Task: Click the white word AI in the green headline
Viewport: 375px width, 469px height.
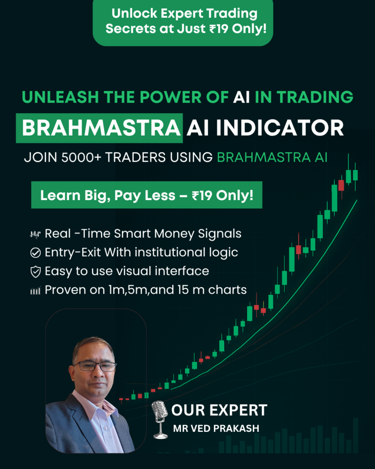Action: coord(241,97)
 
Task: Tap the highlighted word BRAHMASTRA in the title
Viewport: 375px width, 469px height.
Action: coord(101,128)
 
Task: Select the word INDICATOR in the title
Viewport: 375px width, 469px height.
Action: coord(280,128)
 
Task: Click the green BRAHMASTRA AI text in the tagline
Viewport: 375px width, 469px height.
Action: coord(272,158)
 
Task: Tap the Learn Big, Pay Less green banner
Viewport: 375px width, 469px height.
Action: coord(147,195)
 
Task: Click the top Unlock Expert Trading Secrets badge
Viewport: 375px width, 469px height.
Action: coord(183,22)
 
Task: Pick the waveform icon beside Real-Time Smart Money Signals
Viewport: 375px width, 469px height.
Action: coord(35,234)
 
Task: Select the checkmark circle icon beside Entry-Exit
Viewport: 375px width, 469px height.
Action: coord(35,253)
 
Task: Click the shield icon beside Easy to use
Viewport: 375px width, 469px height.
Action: coord(35,272)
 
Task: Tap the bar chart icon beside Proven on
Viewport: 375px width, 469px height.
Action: coord(35,290)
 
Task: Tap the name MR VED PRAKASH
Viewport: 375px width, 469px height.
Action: coord(216,429)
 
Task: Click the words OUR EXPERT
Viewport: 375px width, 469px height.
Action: coord(219,410)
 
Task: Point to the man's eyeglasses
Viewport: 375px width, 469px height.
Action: coord(95,366)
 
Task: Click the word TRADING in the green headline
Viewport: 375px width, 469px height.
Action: coord(315,97)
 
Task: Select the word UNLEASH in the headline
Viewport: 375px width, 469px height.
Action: coord(60,97)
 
